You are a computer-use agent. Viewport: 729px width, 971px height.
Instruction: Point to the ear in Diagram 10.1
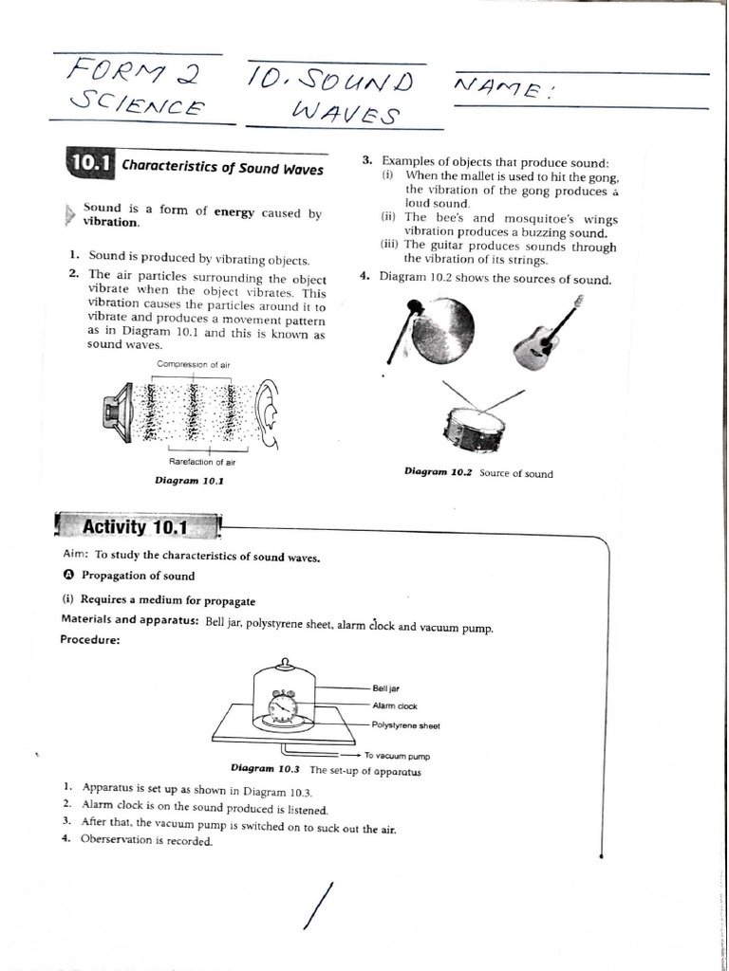pyautogui.click(x=269, y=412)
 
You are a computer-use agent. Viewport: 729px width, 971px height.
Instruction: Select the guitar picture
pyautogui.click(x=546, y=335)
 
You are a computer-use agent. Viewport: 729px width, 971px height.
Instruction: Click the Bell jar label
pyautogui.click(x=386, y=688)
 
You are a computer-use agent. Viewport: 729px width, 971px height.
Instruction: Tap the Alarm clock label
pyautogui.click(x=395, y=705)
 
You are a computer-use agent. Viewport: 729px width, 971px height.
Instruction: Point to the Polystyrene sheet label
pyautogui.click(x=406, y=725)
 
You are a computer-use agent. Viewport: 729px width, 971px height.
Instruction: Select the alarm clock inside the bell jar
pyautogui.click(x=283, y=705)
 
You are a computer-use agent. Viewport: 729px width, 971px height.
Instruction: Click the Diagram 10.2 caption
pyautogui.click(x=478, y=473)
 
